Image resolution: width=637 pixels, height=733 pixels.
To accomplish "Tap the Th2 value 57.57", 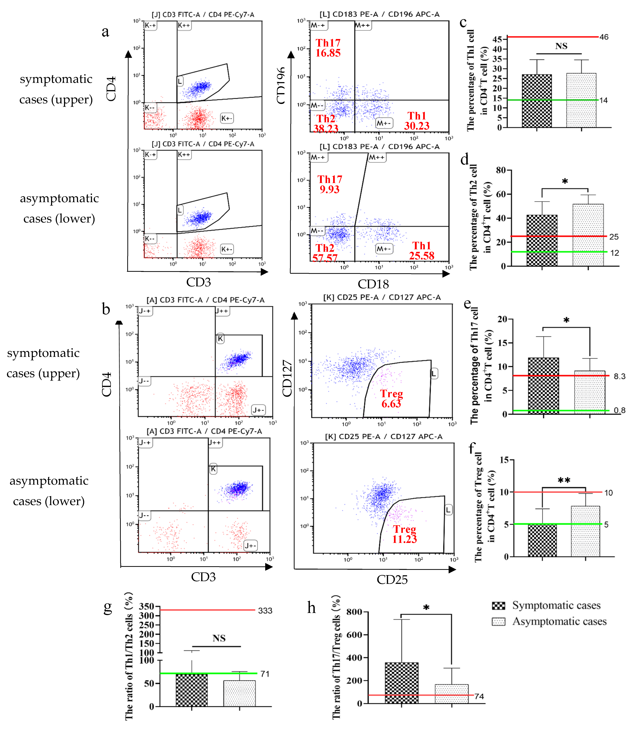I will (325, 258).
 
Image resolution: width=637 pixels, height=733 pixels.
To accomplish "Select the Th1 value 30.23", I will (417, 126).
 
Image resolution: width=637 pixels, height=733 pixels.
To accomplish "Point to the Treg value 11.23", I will (404, 539).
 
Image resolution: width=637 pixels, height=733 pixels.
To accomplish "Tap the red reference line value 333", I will (265, 611).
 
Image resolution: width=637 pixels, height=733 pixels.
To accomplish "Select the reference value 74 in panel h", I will (479, 696).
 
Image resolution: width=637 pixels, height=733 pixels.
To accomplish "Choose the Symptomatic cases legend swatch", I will (498, 606).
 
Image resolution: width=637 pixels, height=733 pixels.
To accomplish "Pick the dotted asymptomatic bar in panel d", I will (588, 235).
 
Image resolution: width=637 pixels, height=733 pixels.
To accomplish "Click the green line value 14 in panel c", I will (604, 100).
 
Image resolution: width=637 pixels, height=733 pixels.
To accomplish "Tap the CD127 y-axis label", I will (287, 378).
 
